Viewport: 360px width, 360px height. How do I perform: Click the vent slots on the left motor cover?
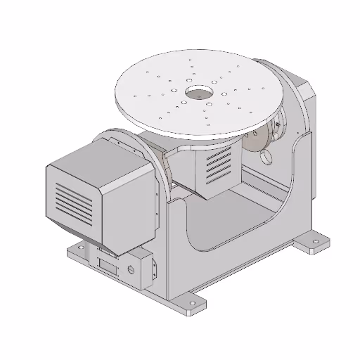pyautogui.click(x=73, y=202)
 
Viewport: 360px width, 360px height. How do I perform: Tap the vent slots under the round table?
pyautogui.click(x=219, y=167)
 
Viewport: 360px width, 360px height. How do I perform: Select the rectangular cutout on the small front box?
pyautogui.click(x=108, y=266)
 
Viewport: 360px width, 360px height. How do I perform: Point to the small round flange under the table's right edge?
pyautogui.click(x=277, y=127)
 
